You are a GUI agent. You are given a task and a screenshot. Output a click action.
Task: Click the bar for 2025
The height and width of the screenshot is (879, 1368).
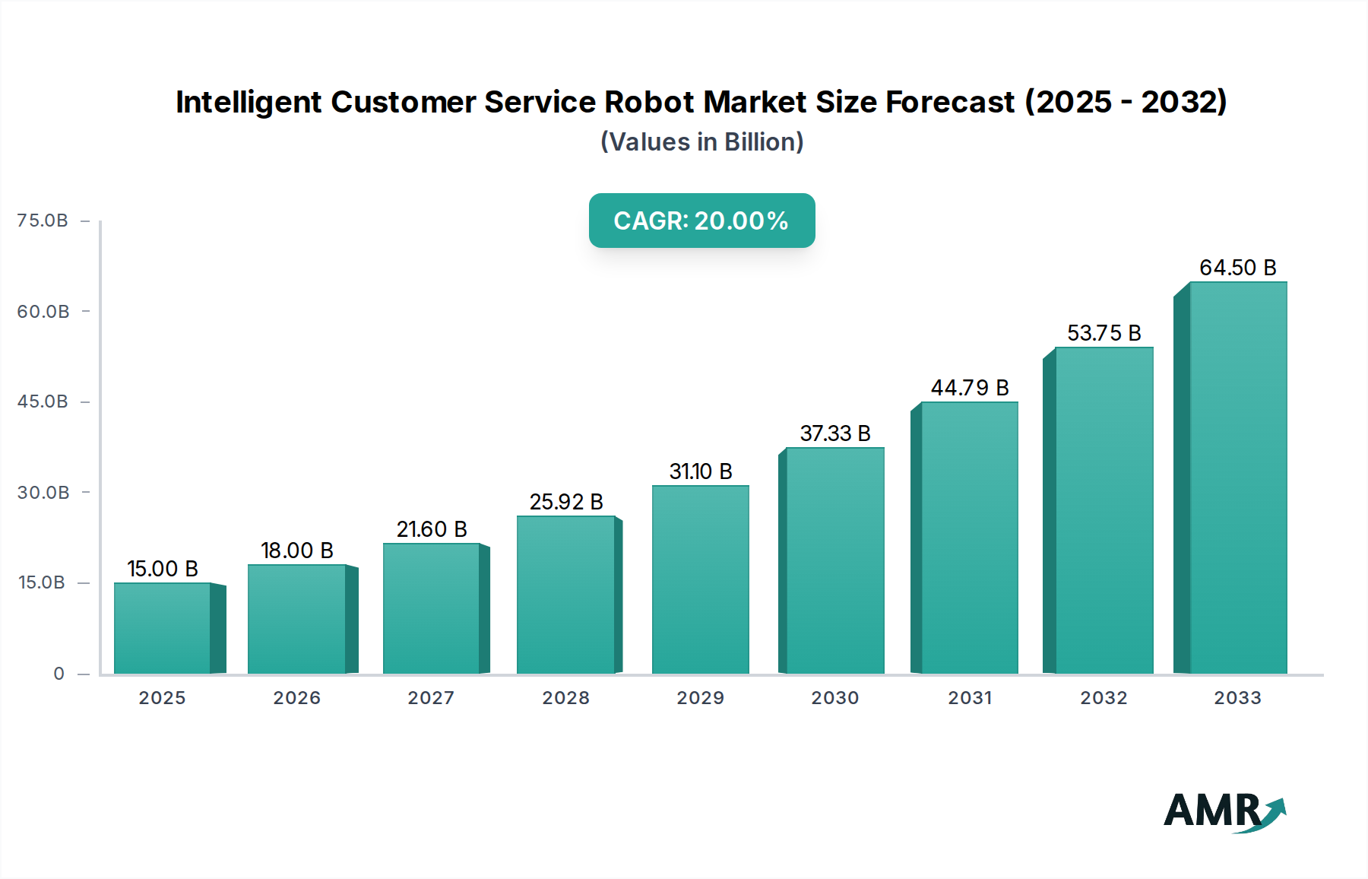coord(162,628)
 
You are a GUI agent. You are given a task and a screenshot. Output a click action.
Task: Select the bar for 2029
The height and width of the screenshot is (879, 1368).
coord(700,579)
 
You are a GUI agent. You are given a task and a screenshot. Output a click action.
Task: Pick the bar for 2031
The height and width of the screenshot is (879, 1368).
coord(969,538)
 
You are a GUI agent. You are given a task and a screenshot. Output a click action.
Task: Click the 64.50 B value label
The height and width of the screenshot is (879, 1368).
coord(1237,268)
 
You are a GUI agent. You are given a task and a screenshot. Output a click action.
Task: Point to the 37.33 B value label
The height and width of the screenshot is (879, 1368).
coord(834,433)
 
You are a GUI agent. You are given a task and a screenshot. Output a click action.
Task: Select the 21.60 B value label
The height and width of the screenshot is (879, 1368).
coord(431,529)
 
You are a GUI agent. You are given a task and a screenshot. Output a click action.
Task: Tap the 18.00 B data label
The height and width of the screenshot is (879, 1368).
coord(296,551)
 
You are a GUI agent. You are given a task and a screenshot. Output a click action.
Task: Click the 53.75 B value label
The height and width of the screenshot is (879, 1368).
coord(1104,333)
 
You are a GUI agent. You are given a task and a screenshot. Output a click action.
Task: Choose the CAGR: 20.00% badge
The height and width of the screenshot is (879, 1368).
coord(701,221)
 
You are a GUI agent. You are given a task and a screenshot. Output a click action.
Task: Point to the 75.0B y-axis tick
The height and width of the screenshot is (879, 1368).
coord(43,221)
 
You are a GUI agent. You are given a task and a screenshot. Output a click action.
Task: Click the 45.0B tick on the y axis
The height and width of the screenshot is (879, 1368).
coord(43,401)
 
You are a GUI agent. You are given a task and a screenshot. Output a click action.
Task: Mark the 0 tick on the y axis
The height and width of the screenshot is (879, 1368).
coord(59,674)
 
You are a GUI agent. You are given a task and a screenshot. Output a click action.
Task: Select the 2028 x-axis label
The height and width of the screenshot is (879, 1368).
coord(565,698)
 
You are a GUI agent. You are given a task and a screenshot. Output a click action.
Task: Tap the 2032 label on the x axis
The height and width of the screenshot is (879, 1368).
coord(1104,698)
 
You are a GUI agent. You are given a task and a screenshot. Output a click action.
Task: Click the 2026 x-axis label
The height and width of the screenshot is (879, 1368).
coord(296,698)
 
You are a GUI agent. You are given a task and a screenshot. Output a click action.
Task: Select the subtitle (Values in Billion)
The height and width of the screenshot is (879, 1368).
coord(701,142)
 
